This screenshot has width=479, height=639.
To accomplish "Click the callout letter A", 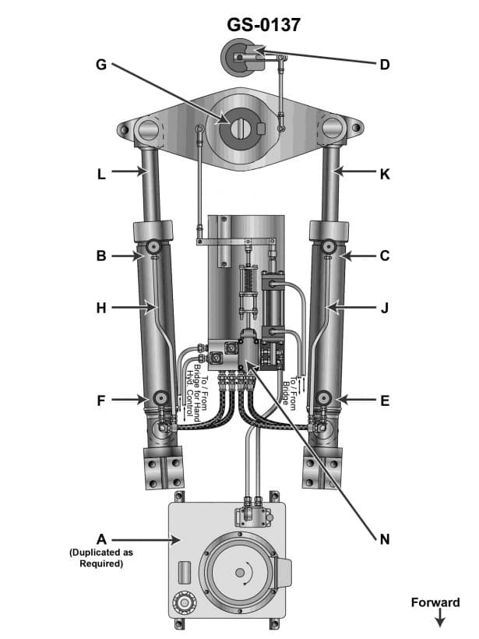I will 100,538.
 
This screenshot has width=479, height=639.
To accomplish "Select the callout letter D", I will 384,64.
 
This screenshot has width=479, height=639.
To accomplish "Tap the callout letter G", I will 100,64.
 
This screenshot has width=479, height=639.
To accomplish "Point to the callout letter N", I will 384,538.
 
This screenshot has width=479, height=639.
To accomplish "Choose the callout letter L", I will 100,175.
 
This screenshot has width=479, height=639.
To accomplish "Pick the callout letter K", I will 384,175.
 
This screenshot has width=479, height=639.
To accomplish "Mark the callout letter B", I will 100,255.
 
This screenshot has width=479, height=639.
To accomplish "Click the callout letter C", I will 384,255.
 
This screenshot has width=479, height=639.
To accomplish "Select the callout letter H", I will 100,308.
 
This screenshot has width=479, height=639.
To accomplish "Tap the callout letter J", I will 384,308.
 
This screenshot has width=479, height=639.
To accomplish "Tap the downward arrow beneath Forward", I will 439,620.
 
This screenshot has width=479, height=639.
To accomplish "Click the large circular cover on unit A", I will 238,574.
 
